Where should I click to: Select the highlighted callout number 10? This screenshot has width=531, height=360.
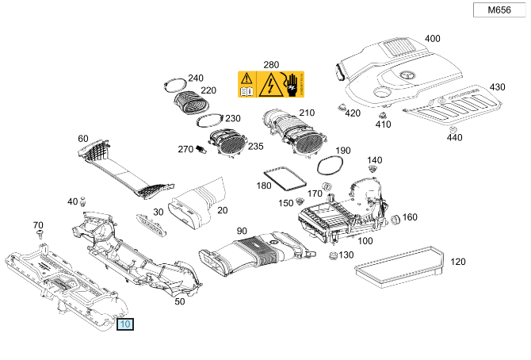pyautogui.click(x=126, y=324)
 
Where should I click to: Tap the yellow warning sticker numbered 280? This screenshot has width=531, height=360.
pyautogui.click(x=271, y=84)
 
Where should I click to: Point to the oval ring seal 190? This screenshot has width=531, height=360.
pyautogui.click(x=329, y=165)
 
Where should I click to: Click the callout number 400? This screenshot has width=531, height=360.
pyautogui.click(x=432, y=39)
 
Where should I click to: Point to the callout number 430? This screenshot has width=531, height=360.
pyautogui.click(x=497, y=87)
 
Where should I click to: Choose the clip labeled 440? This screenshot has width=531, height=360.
pyautogui.click(x=453, y=128)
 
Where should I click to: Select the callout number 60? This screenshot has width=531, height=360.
pyautogui.click(x=83, y=139)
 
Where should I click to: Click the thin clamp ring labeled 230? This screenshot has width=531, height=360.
pyautogui.click(x=208, y=120)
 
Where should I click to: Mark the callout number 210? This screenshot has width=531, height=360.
pyautogui.click(x=306, y=113)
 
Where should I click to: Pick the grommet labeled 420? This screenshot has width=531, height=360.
pyautogui.click(x=342, y=106)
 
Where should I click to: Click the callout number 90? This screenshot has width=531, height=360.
pyautogui.click(x=243, y=231)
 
